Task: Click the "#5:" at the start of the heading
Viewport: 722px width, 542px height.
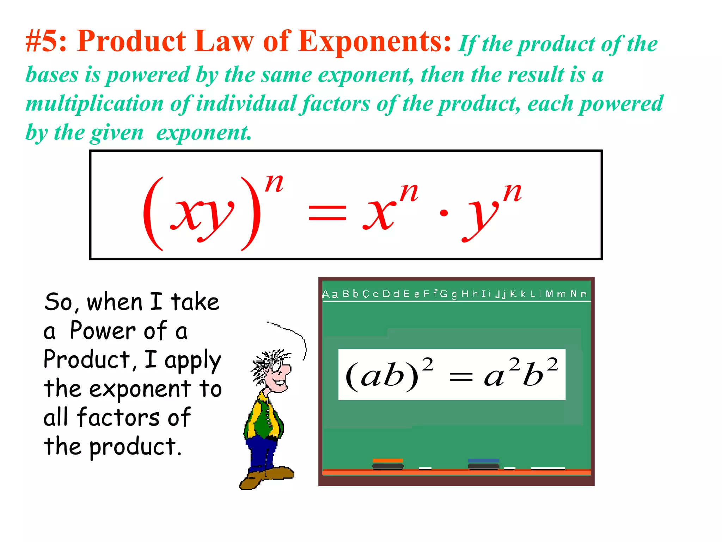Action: tap(46, 42)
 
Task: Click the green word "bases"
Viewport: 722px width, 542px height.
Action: tap(52, 75)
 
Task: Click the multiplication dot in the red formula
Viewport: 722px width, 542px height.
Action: tap(444, 213)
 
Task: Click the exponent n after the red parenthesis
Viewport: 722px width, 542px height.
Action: tap(274, 183)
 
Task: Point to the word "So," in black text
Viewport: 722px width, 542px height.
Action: tap(61, 302)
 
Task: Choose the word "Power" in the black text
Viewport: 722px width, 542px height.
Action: tap(103, 331)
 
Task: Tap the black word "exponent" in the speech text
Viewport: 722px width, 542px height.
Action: tap(140, 389)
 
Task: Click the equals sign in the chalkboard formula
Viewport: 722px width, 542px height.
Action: tap(461, 378)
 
